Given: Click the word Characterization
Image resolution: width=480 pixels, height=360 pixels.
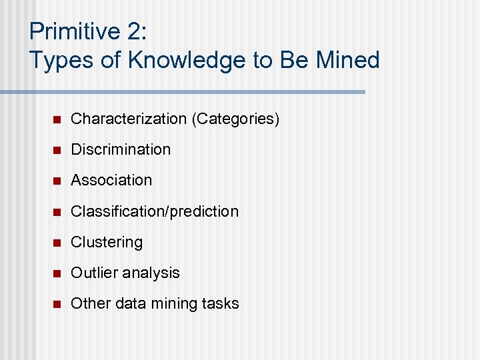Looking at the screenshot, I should (x=129, y=119).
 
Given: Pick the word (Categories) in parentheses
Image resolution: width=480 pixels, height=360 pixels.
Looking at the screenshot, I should (x=235, y=119).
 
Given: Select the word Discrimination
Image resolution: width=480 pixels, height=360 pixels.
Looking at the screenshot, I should (x=121, y=149).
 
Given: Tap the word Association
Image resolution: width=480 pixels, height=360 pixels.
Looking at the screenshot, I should (x=111, y=180).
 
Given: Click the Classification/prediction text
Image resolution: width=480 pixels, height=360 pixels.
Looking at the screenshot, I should (x=155, y=211).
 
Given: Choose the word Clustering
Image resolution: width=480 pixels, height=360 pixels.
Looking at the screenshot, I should (x=107, y=242).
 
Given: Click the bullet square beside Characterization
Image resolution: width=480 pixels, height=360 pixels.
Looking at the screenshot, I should (x=57, y=119).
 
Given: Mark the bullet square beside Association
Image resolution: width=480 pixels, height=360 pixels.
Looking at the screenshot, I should (x=57, y=181).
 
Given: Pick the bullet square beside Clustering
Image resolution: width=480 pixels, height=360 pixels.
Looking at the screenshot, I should (x=57, y=243).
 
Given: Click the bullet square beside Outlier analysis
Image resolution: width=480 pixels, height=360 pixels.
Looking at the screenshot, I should (x=57, y=273).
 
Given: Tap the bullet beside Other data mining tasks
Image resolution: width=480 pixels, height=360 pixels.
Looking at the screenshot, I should (x=57, y=304).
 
